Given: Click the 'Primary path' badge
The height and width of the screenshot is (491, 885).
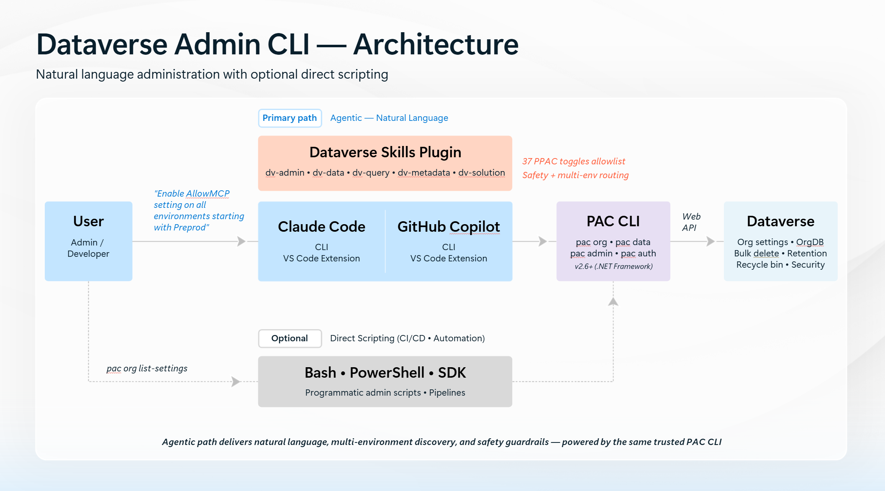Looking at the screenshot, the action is click(x=290, y=118).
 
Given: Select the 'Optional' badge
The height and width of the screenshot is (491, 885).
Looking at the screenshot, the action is click(x=290, y=338).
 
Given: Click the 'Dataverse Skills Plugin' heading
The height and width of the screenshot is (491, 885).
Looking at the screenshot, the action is click(x=385, y=152).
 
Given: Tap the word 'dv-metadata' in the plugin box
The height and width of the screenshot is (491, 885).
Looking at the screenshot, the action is click(x=424, y=173).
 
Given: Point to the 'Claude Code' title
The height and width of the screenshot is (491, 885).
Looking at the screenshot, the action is click(x=321, y=227).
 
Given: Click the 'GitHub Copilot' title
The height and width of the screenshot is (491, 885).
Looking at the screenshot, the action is click(x=449, y=227).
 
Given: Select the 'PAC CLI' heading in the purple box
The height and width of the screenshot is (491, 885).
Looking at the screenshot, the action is click(x=613, y=221).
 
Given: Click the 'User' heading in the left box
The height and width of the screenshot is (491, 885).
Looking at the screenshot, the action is click(x=88, y=221).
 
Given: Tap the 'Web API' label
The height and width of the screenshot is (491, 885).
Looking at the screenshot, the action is click(x=691, y=222).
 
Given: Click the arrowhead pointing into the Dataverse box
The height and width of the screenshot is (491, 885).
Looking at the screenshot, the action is click(x=711, y=241).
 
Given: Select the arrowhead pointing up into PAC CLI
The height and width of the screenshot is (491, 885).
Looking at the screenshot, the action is click(x=613, y=302).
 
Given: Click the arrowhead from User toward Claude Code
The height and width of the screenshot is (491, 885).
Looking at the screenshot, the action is click(x=241, y=241).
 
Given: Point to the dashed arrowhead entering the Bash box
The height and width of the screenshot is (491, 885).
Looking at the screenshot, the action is click(x=236, y=381).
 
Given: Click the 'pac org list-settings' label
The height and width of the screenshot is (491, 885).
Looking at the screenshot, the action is click(x=147, y=368).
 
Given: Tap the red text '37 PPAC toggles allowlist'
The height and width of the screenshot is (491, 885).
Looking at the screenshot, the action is click(x=574, y=161).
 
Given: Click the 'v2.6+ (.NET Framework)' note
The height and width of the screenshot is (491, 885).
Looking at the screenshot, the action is click(x=613, y=266).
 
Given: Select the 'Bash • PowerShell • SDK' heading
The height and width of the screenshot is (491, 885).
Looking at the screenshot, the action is click(x=385, y=373).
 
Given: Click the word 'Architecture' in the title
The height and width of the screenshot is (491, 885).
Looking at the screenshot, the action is click(x=436, y=44).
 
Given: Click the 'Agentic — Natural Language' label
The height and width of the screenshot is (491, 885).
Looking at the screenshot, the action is click(x=389, y=118).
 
